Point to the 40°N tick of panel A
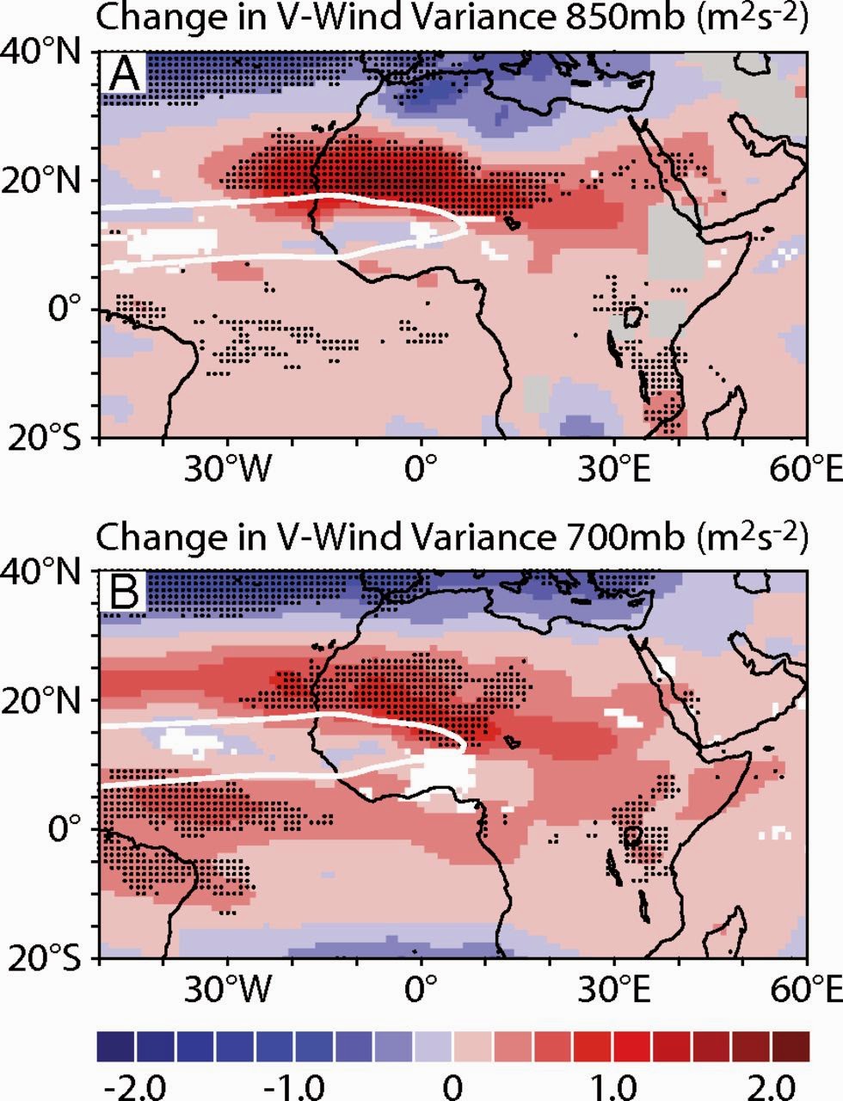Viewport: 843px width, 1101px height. [x=46, y=53]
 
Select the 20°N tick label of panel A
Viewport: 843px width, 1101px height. [x=46, y=181]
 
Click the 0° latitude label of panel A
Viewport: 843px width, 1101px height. [x=65, y=307]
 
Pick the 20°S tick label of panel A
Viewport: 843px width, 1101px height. [x=48, y=436]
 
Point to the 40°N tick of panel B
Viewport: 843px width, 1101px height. [x=46, y=571]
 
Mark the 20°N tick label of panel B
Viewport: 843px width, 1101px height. [x=46, y=700]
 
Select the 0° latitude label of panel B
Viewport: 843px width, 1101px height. [x=65, y=829]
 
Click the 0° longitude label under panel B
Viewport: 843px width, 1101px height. [x=421, y=988]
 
